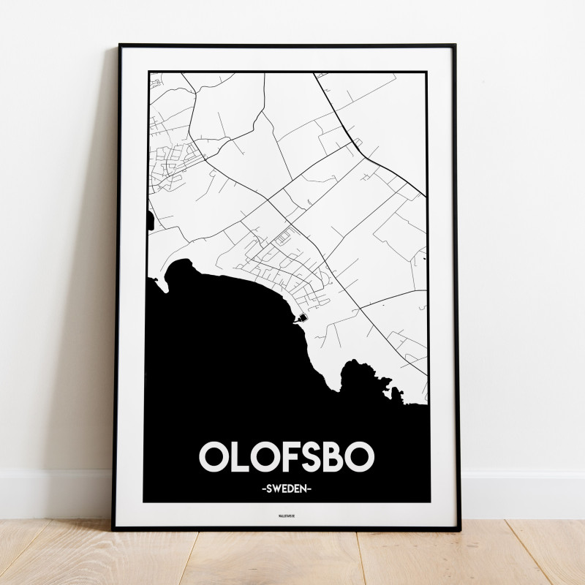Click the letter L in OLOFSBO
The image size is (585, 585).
(x=239, y=456)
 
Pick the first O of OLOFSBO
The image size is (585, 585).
(x=213, y=456)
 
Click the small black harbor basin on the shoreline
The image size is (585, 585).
(x=301, y=318)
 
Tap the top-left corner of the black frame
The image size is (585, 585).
(x=120, y=46)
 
